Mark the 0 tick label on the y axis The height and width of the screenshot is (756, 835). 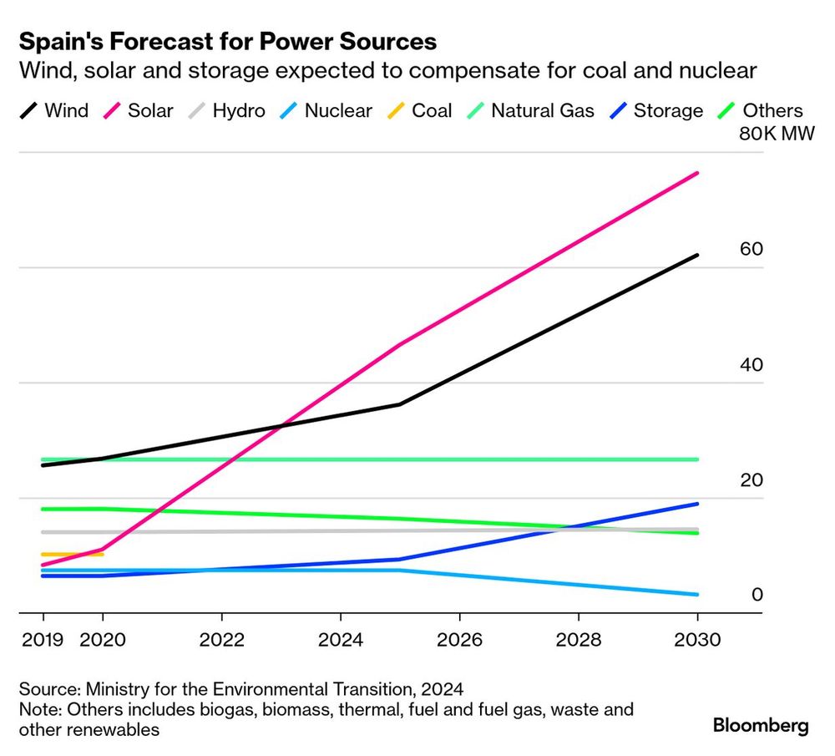pos(757,595)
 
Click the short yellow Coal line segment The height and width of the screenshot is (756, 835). pos(72,554)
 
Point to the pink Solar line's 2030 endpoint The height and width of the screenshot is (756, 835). pos(698,173)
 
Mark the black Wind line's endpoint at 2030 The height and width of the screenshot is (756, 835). pos(698,255)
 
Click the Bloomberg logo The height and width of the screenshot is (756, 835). pos(761,725)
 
